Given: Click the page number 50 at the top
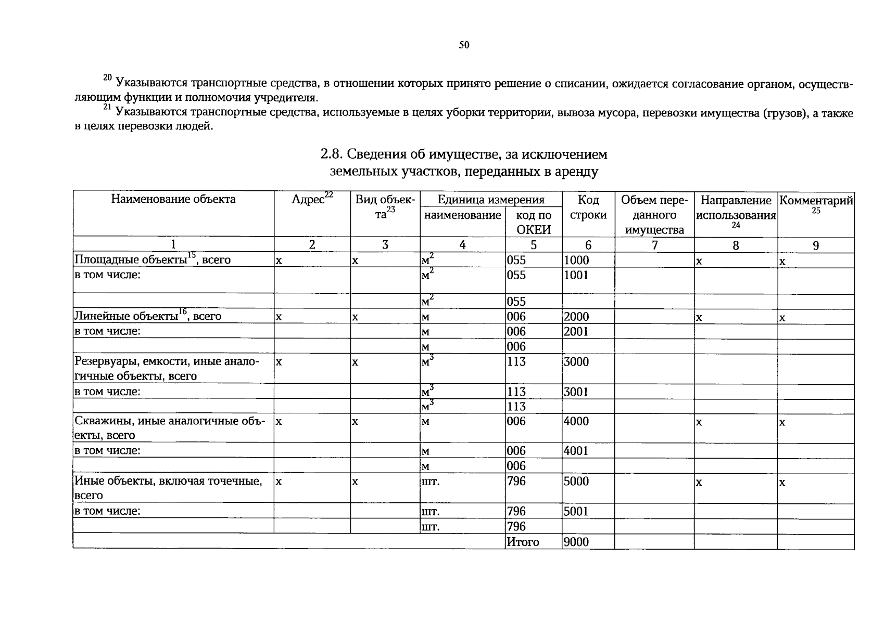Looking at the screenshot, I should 464,45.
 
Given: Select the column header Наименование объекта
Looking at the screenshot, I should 173,199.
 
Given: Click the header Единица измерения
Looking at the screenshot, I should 490,200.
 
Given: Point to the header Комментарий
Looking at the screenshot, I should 815,200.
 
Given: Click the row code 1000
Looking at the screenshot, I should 576,260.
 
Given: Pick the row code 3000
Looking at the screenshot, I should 576,362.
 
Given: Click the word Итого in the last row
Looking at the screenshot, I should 523,542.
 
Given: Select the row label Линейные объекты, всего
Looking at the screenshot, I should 148,316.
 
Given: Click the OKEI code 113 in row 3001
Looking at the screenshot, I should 516,392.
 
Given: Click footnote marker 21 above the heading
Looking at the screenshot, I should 107,107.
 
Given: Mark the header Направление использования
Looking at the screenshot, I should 736,208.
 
